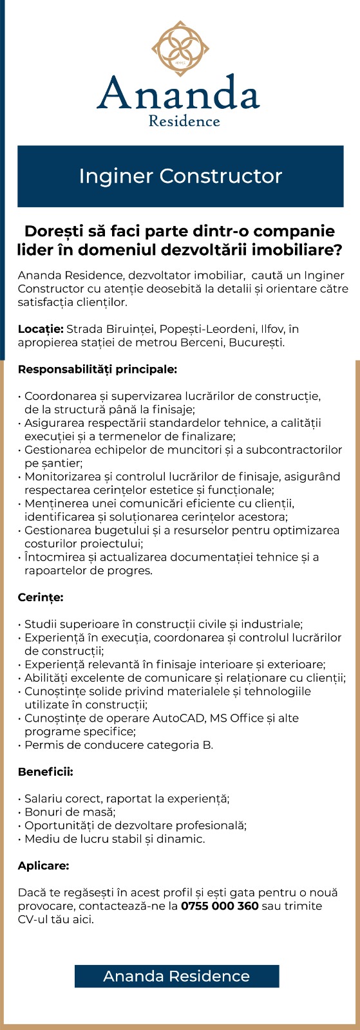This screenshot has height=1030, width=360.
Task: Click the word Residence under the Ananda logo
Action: [184, 121]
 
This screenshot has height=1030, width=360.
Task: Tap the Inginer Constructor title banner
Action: [180, 176]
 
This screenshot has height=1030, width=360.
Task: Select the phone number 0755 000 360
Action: [220, 906]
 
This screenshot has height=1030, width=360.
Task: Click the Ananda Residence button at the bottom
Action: [176, 976]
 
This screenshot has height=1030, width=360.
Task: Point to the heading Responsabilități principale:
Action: [97, 370]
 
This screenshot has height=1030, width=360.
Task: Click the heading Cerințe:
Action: [41, 597]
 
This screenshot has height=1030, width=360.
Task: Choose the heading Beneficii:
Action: [45, 771]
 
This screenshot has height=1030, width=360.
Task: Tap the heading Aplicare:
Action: [43, 866]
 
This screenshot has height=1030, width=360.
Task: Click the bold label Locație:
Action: [41, 329]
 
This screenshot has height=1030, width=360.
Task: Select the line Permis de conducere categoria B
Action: [118, 745]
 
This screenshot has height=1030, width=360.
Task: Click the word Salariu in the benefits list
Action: [44, 798]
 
